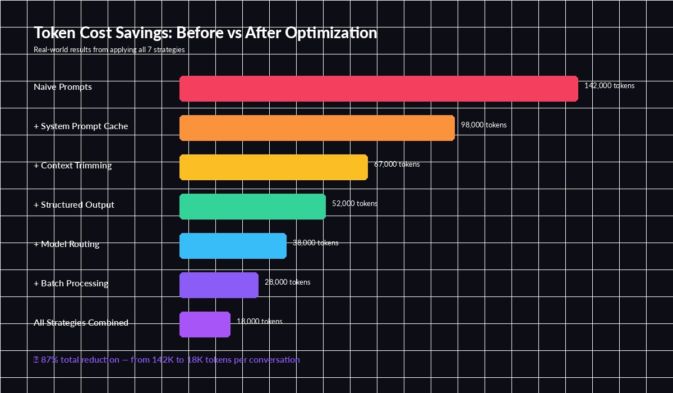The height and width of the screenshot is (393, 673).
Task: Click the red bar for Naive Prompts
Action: [x=379, y=89]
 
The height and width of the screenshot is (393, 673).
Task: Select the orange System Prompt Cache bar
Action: [x=317, y=128]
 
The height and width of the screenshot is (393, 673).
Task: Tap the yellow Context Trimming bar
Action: [x=274, y=167]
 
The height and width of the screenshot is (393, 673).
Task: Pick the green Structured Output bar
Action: [x=252, y=207]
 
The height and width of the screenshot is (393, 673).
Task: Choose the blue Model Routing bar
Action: [x=233, y=246]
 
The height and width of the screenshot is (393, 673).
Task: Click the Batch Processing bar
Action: [x=219, y=285]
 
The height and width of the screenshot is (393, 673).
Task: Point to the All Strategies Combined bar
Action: [x=205, y=325]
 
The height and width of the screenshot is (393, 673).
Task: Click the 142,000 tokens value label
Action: [x=610, y=86]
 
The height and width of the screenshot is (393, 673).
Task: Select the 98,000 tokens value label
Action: [x=483, y=125]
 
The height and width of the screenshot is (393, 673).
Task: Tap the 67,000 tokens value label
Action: [x=397, y=164]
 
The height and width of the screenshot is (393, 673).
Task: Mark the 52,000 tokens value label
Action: [x=354, y=204]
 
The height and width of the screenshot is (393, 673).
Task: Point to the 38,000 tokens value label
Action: [x=315, y=243]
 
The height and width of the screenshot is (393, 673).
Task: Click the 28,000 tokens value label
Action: [x=287, y=282]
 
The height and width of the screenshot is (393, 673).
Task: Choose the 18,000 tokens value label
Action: [x=259, y=322]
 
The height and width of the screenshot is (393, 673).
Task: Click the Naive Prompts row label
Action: [x=63, y=87]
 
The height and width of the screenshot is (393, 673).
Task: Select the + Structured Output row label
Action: [x=74, y=205]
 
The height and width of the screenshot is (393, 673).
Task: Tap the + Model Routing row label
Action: [x=67, y=244]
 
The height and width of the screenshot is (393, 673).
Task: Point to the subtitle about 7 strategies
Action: [x=109, y=49]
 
